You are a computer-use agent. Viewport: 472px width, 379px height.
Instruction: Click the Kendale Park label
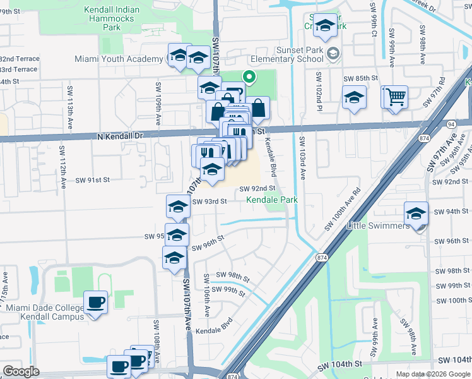271,200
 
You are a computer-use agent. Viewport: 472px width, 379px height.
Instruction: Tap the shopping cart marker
396,97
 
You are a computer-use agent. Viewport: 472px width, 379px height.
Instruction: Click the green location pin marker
249,78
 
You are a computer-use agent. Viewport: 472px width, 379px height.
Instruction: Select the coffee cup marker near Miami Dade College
95,302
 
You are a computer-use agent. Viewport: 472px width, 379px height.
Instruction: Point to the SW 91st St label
93,179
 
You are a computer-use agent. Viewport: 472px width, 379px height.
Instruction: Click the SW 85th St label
360,78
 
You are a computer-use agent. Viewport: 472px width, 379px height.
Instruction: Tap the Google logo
21,371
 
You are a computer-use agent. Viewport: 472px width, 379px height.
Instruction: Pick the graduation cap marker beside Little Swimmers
416,214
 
